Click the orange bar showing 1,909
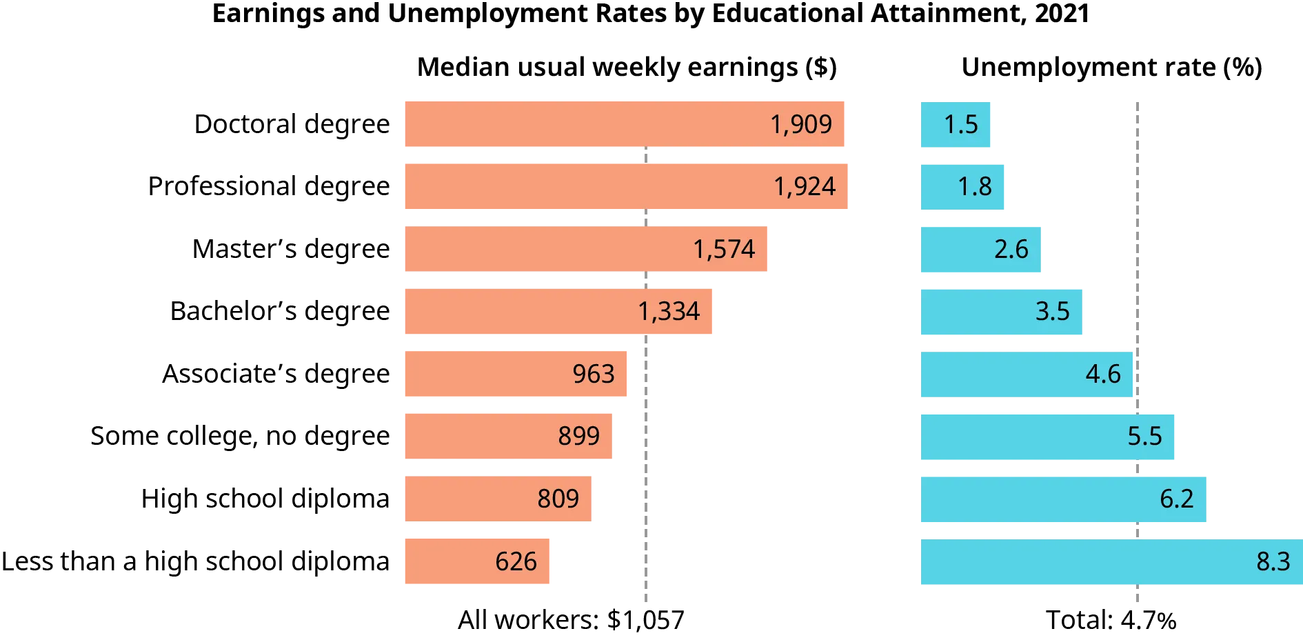pos(586,124)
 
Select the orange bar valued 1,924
pos(586,186)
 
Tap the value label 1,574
pos(724,249)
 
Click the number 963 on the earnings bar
pos(593,374)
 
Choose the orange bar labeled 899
pos(483,436)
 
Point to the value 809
pos(558,499)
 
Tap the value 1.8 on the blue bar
pos(974,186)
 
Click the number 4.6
pos(1102,374)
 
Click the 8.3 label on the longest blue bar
pos(1273,561)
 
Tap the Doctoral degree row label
pos(292,125)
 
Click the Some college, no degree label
pos(239,437)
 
